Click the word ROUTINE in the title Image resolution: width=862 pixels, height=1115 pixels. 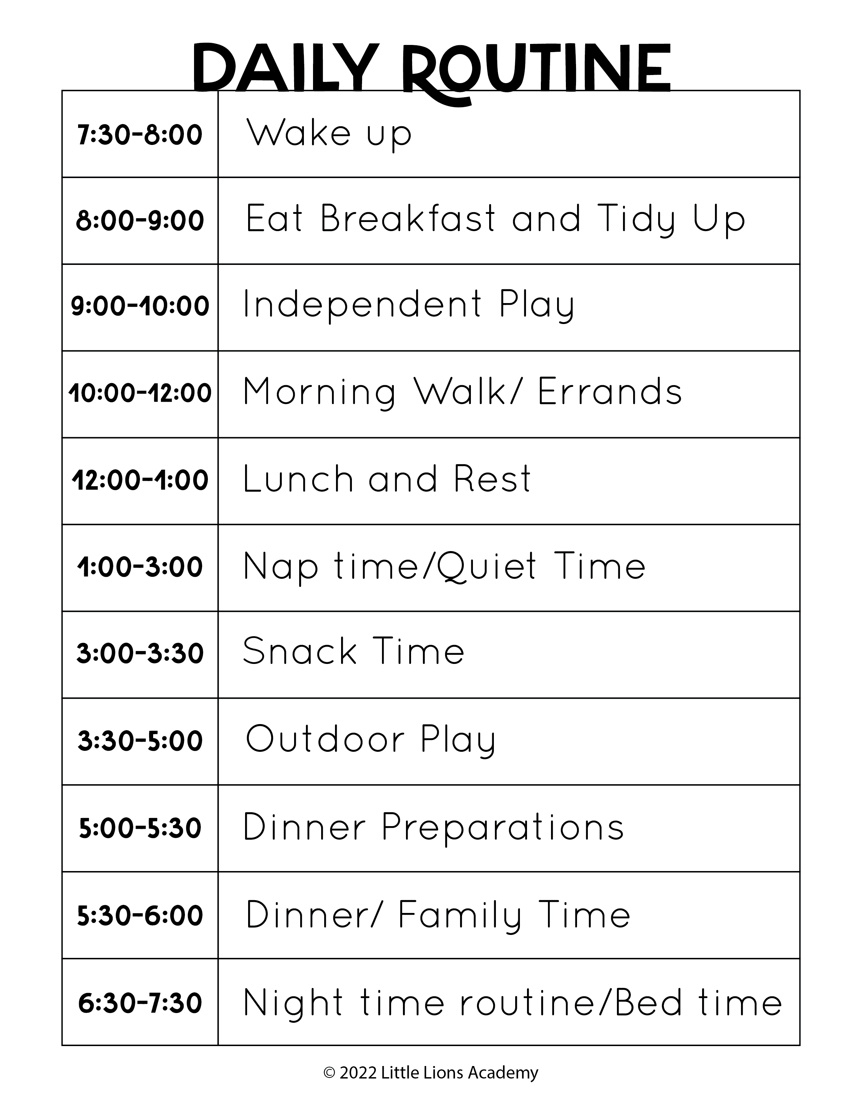pos(536,74)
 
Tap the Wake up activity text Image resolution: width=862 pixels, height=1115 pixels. pos(329,134)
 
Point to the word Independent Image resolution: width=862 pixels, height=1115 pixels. pos(362,304)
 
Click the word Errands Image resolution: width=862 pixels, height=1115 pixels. pos(610,392)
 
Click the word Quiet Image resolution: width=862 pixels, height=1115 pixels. pos(487,567)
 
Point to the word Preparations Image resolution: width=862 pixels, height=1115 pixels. pos(503,827)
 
